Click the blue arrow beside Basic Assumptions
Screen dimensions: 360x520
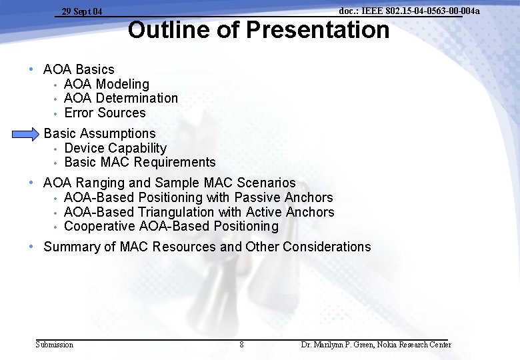point(25,135)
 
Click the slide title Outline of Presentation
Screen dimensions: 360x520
point(259,30)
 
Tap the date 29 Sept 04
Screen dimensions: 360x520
point(82,11)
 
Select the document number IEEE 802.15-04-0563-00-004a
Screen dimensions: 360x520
point(409,11)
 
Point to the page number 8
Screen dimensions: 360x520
point(241,345)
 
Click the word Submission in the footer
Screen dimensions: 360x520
point(54,345)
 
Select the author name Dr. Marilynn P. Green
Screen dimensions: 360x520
point(339,345)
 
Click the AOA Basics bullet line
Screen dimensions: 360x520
point(79,69)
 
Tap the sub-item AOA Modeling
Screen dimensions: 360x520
point(106,84)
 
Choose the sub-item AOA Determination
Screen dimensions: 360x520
point(121,98)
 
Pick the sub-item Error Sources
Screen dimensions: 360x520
point(105,113)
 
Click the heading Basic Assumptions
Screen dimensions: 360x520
point(99,134)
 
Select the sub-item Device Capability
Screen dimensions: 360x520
point(115,148)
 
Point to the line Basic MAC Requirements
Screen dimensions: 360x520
point(140,162)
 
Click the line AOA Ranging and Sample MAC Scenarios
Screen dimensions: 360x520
point(169,183)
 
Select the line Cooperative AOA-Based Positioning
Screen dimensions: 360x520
point(171,226)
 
